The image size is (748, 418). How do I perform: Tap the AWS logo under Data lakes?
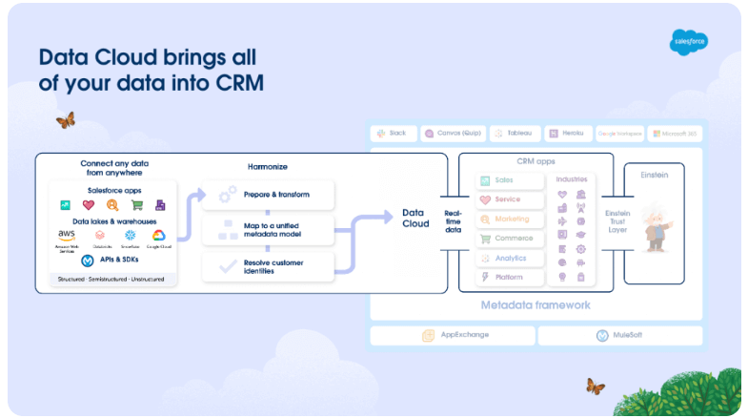pyautogui.click(x=67, y=235)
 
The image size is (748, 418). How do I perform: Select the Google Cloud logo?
pyautogui.click(x=158, y=235)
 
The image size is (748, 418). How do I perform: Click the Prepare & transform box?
pyautogui.click(x=269, y=195)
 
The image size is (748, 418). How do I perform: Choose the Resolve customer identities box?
pyautogui.click(x=269, y=266)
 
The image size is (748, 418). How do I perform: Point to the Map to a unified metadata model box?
pyautogui.click(x=269, y=230)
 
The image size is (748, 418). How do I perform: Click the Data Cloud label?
pyautogui.click(x=414, y=218)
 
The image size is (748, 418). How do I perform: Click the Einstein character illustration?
pyautogui.click(x=655, y=227)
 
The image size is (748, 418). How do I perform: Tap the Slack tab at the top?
pyautogui.click(x=392, y=134)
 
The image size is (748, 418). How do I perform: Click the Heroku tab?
pyautogui.click(x=568, y=134)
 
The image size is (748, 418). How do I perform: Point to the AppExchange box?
pyautogui.click(x=452, y=336)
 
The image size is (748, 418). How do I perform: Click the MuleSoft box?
pyautogui.click(x=620, y=336)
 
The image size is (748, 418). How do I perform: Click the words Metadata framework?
pyautogui.click(x=536, y=305)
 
